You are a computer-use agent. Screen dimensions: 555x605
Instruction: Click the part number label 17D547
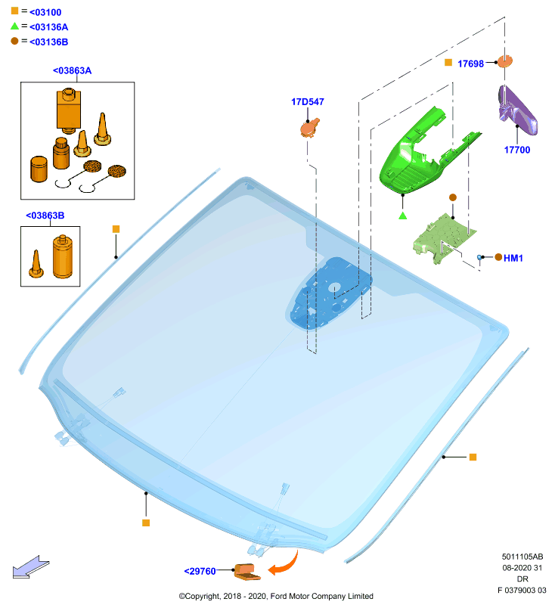[308, 102]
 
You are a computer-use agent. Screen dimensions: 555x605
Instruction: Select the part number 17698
[470, 64]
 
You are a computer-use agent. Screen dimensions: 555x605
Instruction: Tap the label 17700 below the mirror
[517, 150]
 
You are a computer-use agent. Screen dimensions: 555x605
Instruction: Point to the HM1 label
[513, 258]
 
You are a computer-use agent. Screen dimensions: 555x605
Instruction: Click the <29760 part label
[200, 571]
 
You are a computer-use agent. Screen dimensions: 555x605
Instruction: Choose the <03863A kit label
[72, 70]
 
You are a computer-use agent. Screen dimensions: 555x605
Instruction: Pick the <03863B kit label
[45, 216]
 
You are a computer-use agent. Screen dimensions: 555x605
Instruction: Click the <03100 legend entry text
[45, 12]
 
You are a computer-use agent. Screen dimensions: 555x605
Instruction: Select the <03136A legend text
[48, 27]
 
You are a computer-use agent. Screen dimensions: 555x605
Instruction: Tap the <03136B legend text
[48, 42]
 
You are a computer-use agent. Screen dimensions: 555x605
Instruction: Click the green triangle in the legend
[14, 26]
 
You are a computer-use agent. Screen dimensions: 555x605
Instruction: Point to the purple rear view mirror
[517, 110]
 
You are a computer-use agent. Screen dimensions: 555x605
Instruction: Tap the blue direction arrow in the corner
[31, 567]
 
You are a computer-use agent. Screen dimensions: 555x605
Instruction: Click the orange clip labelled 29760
[246, 572]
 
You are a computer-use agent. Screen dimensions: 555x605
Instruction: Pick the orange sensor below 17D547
[310, 128]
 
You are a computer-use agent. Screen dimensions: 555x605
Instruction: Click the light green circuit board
[444, 238]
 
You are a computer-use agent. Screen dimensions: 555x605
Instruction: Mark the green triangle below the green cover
[403, 216]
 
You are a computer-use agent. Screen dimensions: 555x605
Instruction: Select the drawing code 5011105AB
[522, 557]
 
